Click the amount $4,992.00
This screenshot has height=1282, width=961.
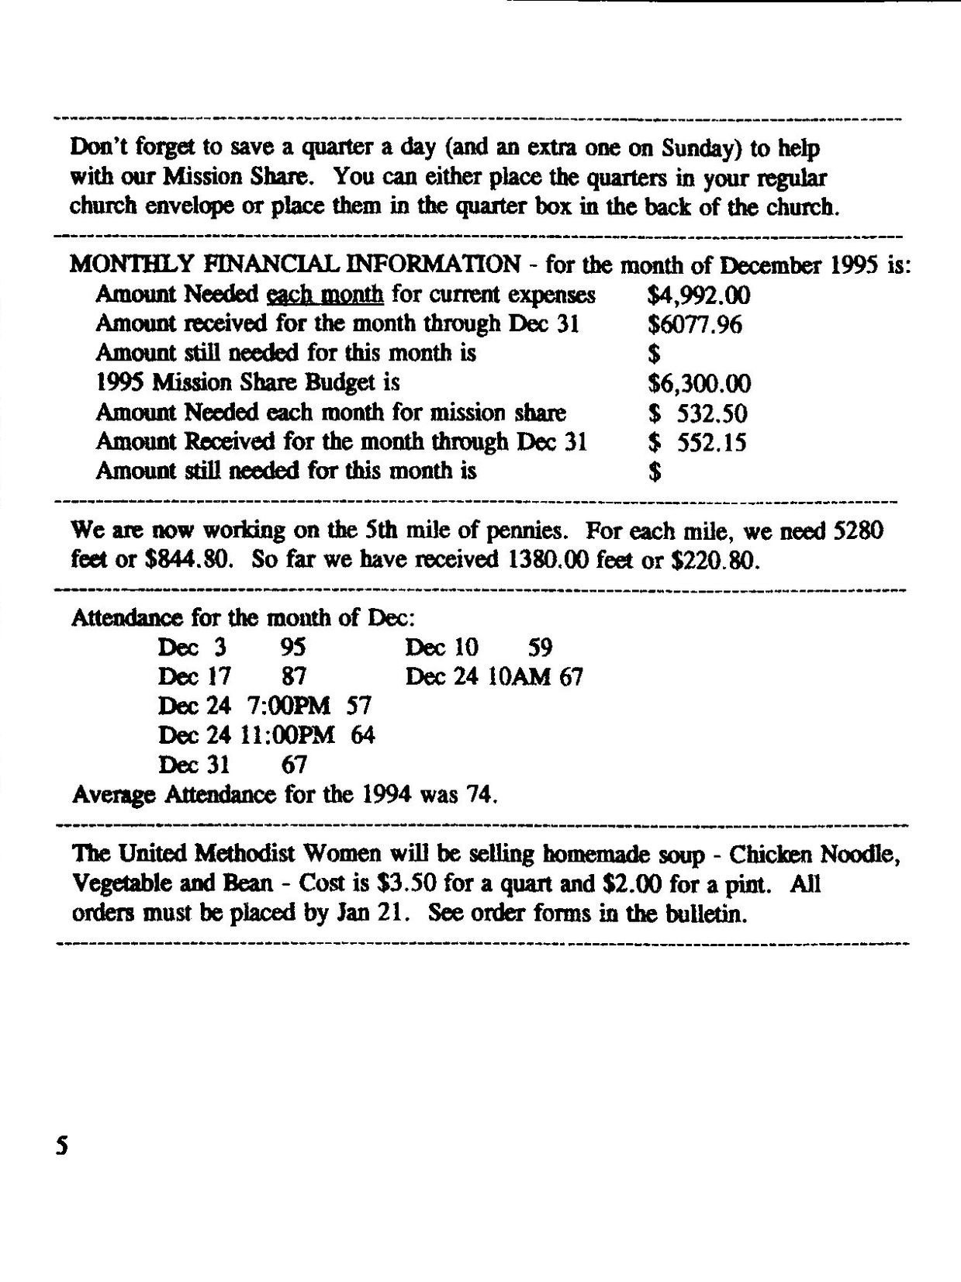pyautogui.click(x=699, y=295)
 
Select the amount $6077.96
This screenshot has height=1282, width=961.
pyautogui.click(x=694, y=324)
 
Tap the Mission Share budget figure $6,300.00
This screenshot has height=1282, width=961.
pyautogui.click(x=699, y=383)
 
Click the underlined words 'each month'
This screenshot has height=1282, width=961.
pyautogui.click(x=325, y=295)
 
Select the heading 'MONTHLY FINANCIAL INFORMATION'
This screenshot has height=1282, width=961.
pyautogui.click(x=295, y=264)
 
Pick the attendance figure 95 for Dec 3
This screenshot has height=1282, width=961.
pyautogui.click(x=293, y=648)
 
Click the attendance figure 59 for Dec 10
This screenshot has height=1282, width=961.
pyautogui.click(x=540, y=648)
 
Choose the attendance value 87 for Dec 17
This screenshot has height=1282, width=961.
pyautogui.click(x=294, y=677)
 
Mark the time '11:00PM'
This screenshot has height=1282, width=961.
pyautogui.click(x=288, y=735)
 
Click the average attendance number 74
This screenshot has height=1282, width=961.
pyautogui.click(x=480, y=795)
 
